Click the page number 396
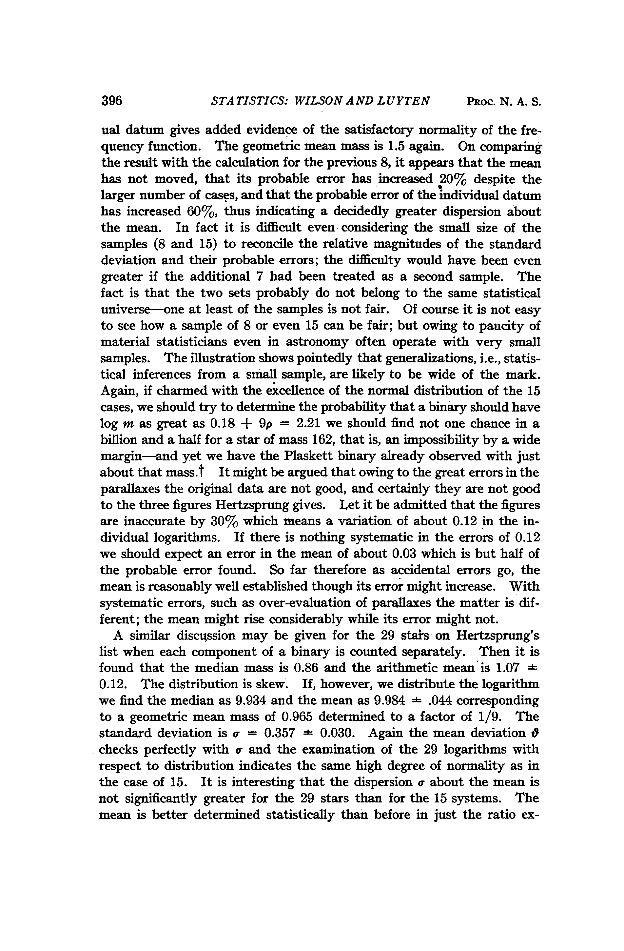pyautogui.click(x=111, y=100)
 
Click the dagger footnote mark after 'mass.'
pyautogui.click(x=202, y=472)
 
